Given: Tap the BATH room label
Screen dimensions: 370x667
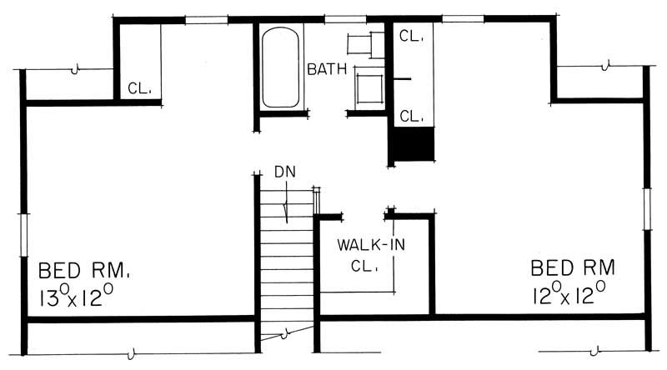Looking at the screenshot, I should point(327,69).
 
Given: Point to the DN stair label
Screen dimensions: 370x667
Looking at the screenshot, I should point(285,172).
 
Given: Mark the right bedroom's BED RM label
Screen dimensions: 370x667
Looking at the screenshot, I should point(574,267).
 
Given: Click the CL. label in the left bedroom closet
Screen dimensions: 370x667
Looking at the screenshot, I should point(138,87).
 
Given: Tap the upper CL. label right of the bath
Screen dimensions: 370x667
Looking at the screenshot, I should point(412,37).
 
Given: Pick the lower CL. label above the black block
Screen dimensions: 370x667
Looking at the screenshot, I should point(412,116).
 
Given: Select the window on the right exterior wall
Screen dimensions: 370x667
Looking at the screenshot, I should point(646,206).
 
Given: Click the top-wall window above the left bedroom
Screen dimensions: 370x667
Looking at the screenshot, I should point(205,18).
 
